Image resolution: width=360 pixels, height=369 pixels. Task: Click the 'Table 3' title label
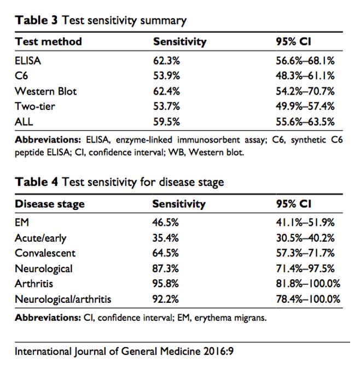37,21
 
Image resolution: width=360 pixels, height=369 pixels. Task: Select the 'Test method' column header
48,42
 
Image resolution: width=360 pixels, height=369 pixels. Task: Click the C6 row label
21,75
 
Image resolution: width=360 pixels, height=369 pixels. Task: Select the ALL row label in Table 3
25,121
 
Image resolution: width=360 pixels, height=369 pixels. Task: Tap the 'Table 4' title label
37,182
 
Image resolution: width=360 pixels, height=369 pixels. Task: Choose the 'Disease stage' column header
49,204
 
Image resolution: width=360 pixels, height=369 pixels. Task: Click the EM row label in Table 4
22,222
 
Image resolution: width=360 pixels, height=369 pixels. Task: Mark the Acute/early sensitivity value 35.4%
165,238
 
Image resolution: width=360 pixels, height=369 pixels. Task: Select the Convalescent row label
45,253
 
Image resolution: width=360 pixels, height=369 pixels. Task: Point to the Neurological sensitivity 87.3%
165,268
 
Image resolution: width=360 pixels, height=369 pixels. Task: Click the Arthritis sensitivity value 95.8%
165,284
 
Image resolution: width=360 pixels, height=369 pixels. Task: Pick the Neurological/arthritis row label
63,299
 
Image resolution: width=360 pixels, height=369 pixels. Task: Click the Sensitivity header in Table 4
178,204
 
